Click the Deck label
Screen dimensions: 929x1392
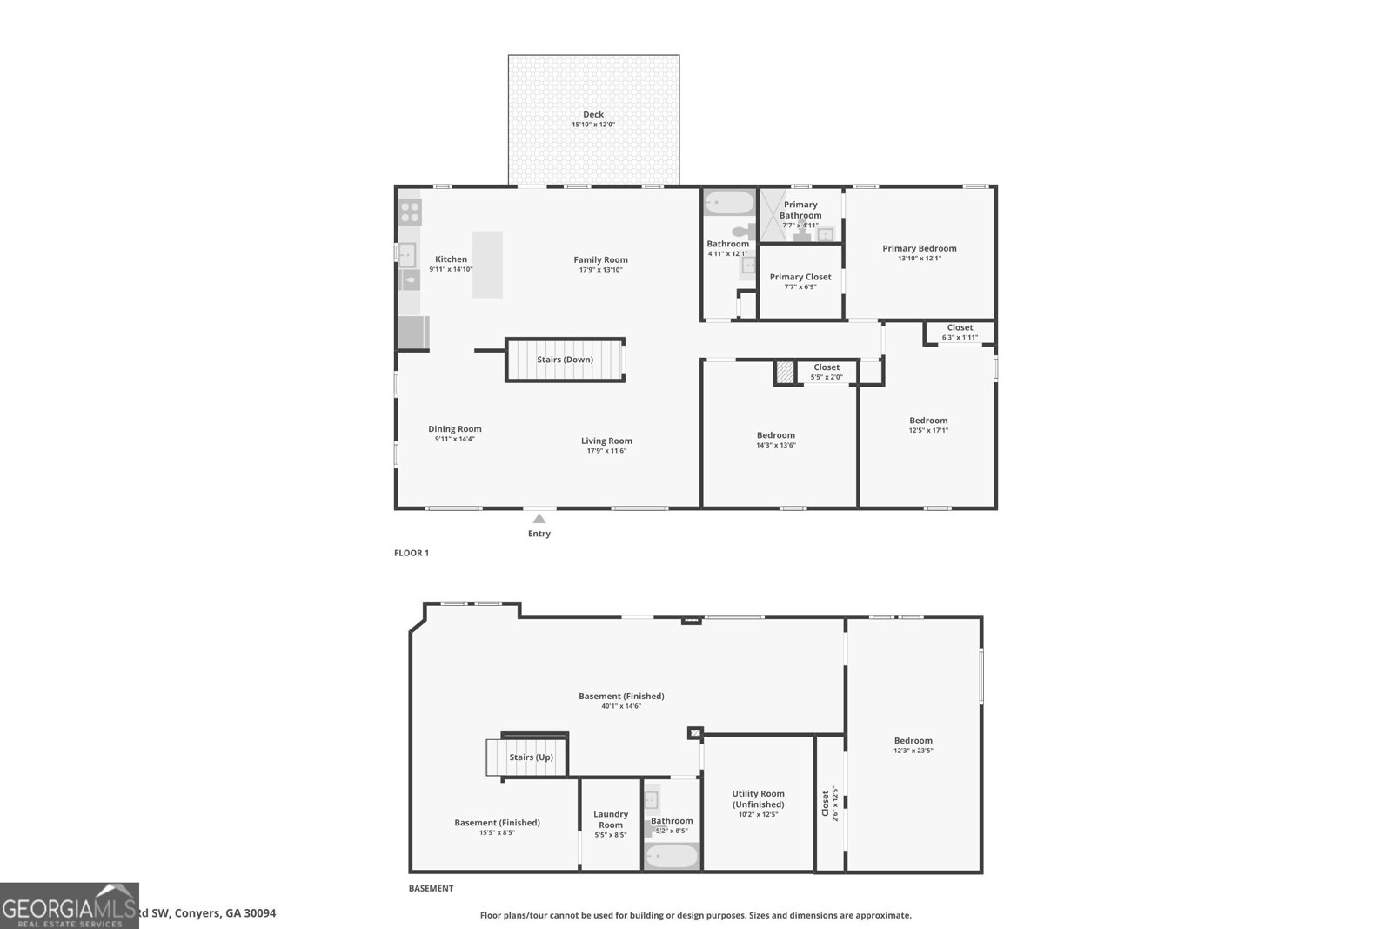click(593, 114)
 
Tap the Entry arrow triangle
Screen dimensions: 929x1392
click(539, 519)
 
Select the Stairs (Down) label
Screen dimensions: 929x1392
click(565, 360)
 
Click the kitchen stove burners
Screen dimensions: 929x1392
click(410, 212)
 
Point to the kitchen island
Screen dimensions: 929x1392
click(487, 265)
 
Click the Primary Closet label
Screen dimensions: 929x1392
click(800, 277)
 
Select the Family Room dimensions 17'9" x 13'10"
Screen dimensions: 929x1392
click(600, 270)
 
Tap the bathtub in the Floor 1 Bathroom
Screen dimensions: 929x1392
click(729, 203)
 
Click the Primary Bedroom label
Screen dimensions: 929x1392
click(920, 248)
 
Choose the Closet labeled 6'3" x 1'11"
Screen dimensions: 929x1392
click(960, 332)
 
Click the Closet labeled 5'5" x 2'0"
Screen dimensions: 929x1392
click(826, 372)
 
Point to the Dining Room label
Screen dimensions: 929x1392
click(455, 428)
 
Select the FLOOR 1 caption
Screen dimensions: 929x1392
click(412, 553)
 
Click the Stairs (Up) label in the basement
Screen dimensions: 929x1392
click(532, 757)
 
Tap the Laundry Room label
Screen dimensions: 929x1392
click(611, 819)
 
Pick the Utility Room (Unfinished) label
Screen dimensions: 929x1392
click(759, 798)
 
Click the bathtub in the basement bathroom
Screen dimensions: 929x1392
click(672, 857)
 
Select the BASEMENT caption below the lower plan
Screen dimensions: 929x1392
click(431, 889)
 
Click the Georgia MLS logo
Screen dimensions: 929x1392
click(69, 905)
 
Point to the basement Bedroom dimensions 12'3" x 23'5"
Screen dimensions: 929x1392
click(913, 751)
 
